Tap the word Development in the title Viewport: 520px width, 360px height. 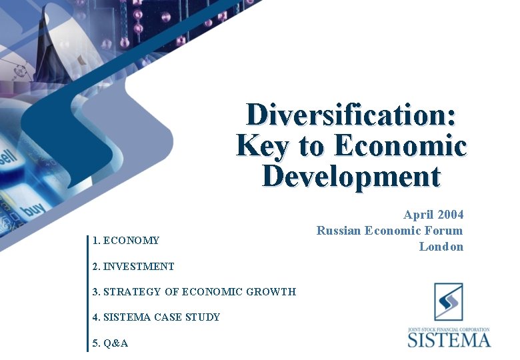351,177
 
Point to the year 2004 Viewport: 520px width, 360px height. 450,215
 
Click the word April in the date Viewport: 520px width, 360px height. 418,215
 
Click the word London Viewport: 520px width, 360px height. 441,247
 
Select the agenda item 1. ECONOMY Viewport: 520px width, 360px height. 126,241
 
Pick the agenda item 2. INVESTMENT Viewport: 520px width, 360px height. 133,267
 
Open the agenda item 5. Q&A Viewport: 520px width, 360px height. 110,343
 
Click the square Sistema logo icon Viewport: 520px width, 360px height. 449,302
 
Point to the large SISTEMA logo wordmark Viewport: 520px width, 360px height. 449,339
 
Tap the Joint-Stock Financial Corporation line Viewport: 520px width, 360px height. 449,329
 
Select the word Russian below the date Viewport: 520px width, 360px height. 339,231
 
